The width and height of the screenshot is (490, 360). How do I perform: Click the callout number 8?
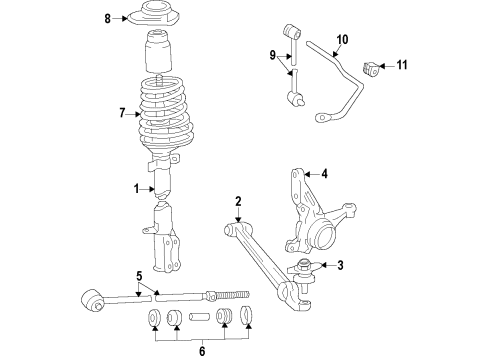[108, 18]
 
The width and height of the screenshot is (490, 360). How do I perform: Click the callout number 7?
[123, 114]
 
